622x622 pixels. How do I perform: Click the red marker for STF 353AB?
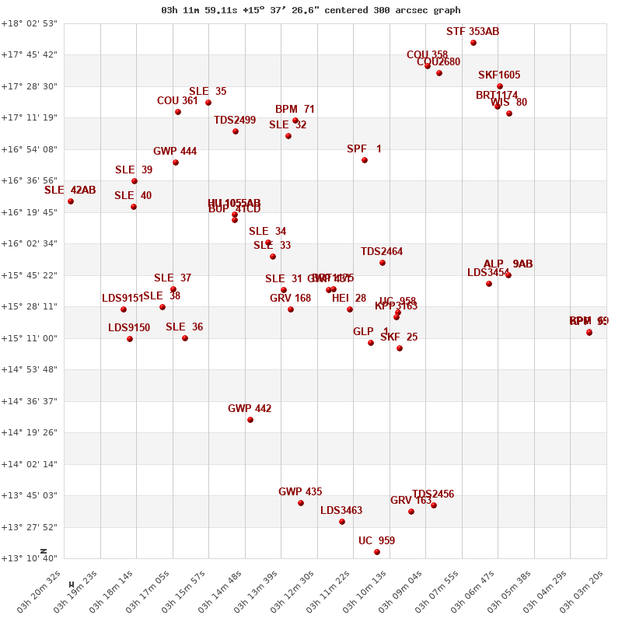click(473, 43)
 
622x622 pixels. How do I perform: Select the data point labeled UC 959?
click(377, 552)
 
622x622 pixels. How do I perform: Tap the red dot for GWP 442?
click(250, 420)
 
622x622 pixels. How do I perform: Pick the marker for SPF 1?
click(365, 160)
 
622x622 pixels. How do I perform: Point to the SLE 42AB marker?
click(71, 201)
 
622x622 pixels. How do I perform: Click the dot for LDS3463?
click(342, 522)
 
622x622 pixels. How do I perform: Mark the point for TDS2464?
click(383, 263)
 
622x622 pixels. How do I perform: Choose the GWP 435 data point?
click(301, 503)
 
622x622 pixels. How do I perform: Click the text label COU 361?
click(177, 101)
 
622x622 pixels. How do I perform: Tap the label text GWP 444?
click(175, 152)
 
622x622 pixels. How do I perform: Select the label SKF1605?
click(499, 75)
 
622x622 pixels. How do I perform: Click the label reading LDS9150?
click(129, 328)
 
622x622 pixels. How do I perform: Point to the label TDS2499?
click(235, 121)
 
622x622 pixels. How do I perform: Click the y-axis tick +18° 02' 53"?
click(30, 23)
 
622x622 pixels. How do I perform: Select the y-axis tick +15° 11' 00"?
click(30, 338)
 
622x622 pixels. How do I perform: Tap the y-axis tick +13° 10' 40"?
click(30, 558)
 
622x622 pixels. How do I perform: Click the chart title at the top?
click(311, 10)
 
